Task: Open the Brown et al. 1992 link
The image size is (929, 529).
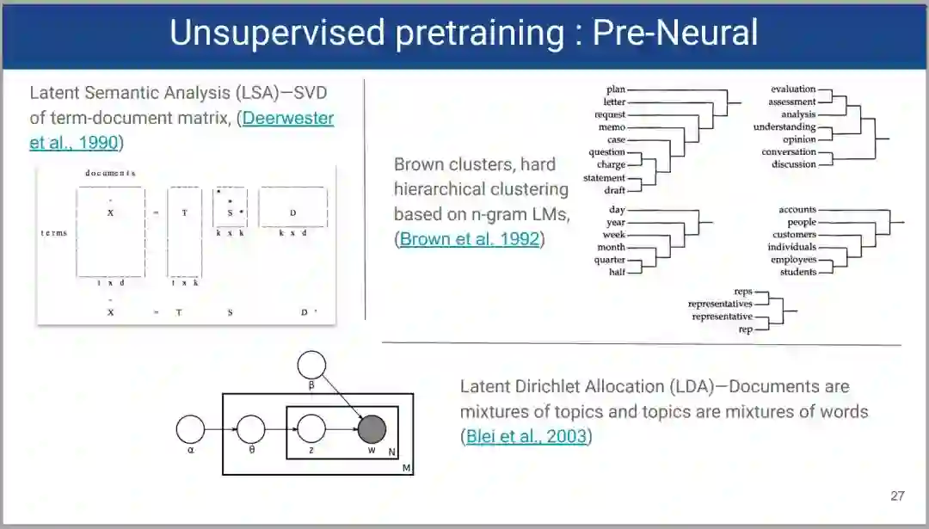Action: coord(470,239)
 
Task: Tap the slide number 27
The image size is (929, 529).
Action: coord(897,495)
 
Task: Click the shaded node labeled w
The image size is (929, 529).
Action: coord(372,428)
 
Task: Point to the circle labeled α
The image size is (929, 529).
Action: coord(190,428)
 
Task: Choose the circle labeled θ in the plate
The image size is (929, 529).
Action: coord(251,428)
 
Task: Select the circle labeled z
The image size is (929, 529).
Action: coord(311,428)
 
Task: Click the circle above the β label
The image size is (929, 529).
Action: coord(312,364)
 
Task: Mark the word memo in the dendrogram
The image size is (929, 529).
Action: coord(612,127)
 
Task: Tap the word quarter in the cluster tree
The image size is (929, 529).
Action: coord(610,260)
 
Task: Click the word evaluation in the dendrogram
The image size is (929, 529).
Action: coord(793,89)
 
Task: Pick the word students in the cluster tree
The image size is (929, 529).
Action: coord(798,273)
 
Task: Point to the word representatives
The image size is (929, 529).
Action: coord(720,304)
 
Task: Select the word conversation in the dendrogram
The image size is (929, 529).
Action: coord(789,152)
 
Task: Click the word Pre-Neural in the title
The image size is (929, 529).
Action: coord(675,33)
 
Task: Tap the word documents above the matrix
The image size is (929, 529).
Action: coord(109,173)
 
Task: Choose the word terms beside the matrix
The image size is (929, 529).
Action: coord(53,232)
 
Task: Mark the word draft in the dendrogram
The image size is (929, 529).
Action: coord(614,190)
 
